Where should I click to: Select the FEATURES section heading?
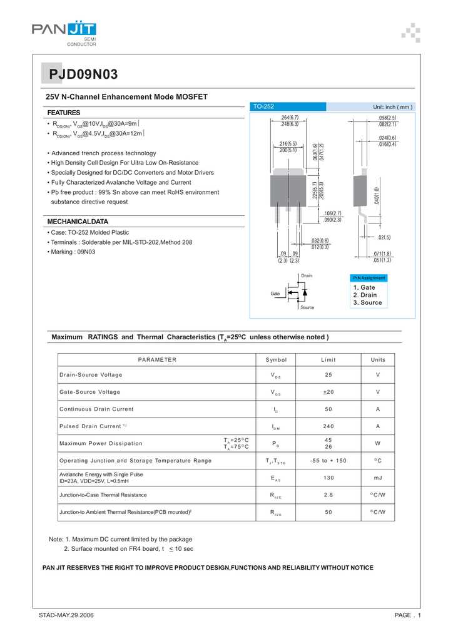click(x=63, y=113)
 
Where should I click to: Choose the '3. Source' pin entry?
click(x=367, y=303)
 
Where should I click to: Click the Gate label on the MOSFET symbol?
click(x=275, y=293)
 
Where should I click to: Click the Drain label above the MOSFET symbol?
click(x=307, y=276)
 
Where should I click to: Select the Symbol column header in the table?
click(x=276, y=359)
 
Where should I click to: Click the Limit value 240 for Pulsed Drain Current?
click(x=328, y=426)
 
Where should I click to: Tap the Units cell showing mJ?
click(x=378, y=478)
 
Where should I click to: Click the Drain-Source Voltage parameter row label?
click(x=91, y=375)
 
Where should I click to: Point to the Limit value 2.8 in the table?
click(x=328, y=495)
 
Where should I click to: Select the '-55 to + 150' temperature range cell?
click(x=328, y=461)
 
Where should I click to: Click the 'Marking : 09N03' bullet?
click(x=73, y=252)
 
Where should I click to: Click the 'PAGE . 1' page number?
click(x=407, y=616)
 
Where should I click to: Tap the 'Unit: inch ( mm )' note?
click(x=393, y=107)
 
